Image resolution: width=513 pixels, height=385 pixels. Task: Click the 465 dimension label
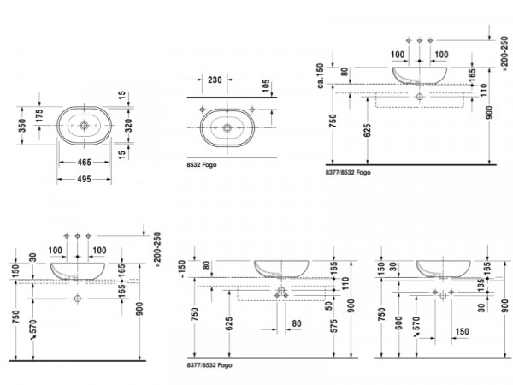(84, 162)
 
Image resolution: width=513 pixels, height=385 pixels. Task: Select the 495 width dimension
(84, 179)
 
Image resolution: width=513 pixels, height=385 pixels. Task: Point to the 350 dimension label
(22, 126)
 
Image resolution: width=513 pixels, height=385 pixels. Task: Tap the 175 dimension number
(39, 116)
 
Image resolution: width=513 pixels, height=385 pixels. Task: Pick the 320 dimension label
(128, 126)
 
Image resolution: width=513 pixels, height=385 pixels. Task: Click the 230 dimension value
(215, 80)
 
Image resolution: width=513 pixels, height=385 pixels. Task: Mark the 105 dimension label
(266, 86)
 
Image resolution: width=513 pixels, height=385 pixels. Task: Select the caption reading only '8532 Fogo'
(202, 165)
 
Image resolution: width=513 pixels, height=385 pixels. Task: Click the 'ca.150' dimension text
(320, 75)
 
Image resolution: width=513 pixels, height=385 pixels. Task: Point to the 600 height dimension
(398, 323)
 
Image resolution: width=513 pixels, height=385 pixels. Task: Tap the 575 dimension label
(333, 327)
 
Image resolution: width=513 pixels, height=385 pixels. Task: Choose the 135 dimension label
(481, 285)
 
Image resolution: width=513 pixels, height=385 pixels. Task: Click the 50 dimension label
(329, 305)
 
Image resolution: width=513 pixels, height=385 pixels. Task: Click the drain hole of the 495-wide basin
(84, 126)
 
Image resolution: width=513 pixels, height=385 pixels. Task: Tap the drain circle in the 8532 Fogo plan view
(227, 127)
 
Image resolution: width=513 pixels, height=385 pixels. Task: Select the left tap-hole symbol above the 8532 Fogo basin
(203, 110)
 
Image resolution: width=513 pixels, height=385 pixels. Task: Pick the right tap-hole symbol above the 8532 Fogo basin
(252, 110)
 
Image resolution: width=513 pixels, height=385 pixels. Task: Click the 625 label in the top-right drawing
(368, 130)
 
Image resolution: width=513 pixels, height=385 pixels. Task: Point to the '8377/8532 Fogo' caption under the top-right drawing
(348, 173)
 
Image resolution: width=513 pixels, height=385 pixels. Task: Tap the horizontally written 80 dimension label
(297, 323)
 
